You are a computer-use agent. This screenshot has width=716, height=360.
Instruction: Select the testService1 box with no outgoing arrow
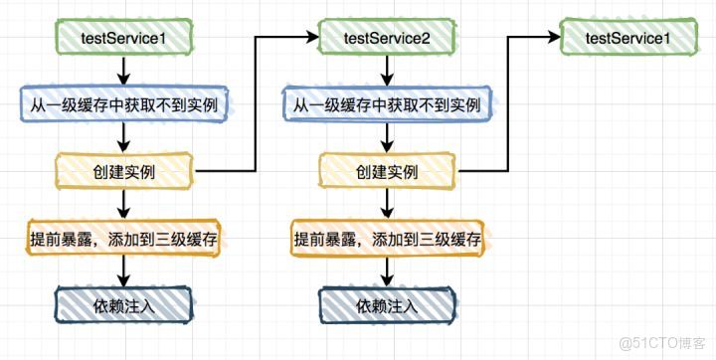(x=626, y=38)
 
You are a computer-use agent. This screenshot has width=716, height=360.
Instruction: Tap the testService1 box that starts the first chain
(x=121, y=38)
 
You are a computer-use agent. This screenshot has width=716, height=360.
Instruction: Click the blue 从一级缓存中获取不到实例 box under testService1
(x=121, y=104)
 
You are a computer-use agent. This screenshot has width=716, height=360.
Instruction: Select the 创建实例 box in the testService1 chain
(x=121, y=171)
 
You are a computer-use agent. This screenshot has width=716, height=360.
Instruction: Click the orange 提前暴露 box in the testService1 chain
(x=121, y=239)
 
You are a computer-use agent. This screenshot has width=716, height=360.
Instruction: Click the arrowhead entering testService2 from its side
(x=309, y=38)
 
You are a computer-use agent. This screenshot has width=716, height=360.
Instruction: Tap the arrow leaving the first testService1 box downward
(x=121, y=71)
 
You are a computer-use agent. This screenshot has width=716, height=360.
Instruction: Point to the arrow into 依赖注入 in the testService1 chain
(x=121, y=270)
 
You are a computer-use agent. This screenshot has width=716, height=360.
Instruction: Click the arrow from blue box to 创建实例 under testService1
(x=121, y=137)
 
